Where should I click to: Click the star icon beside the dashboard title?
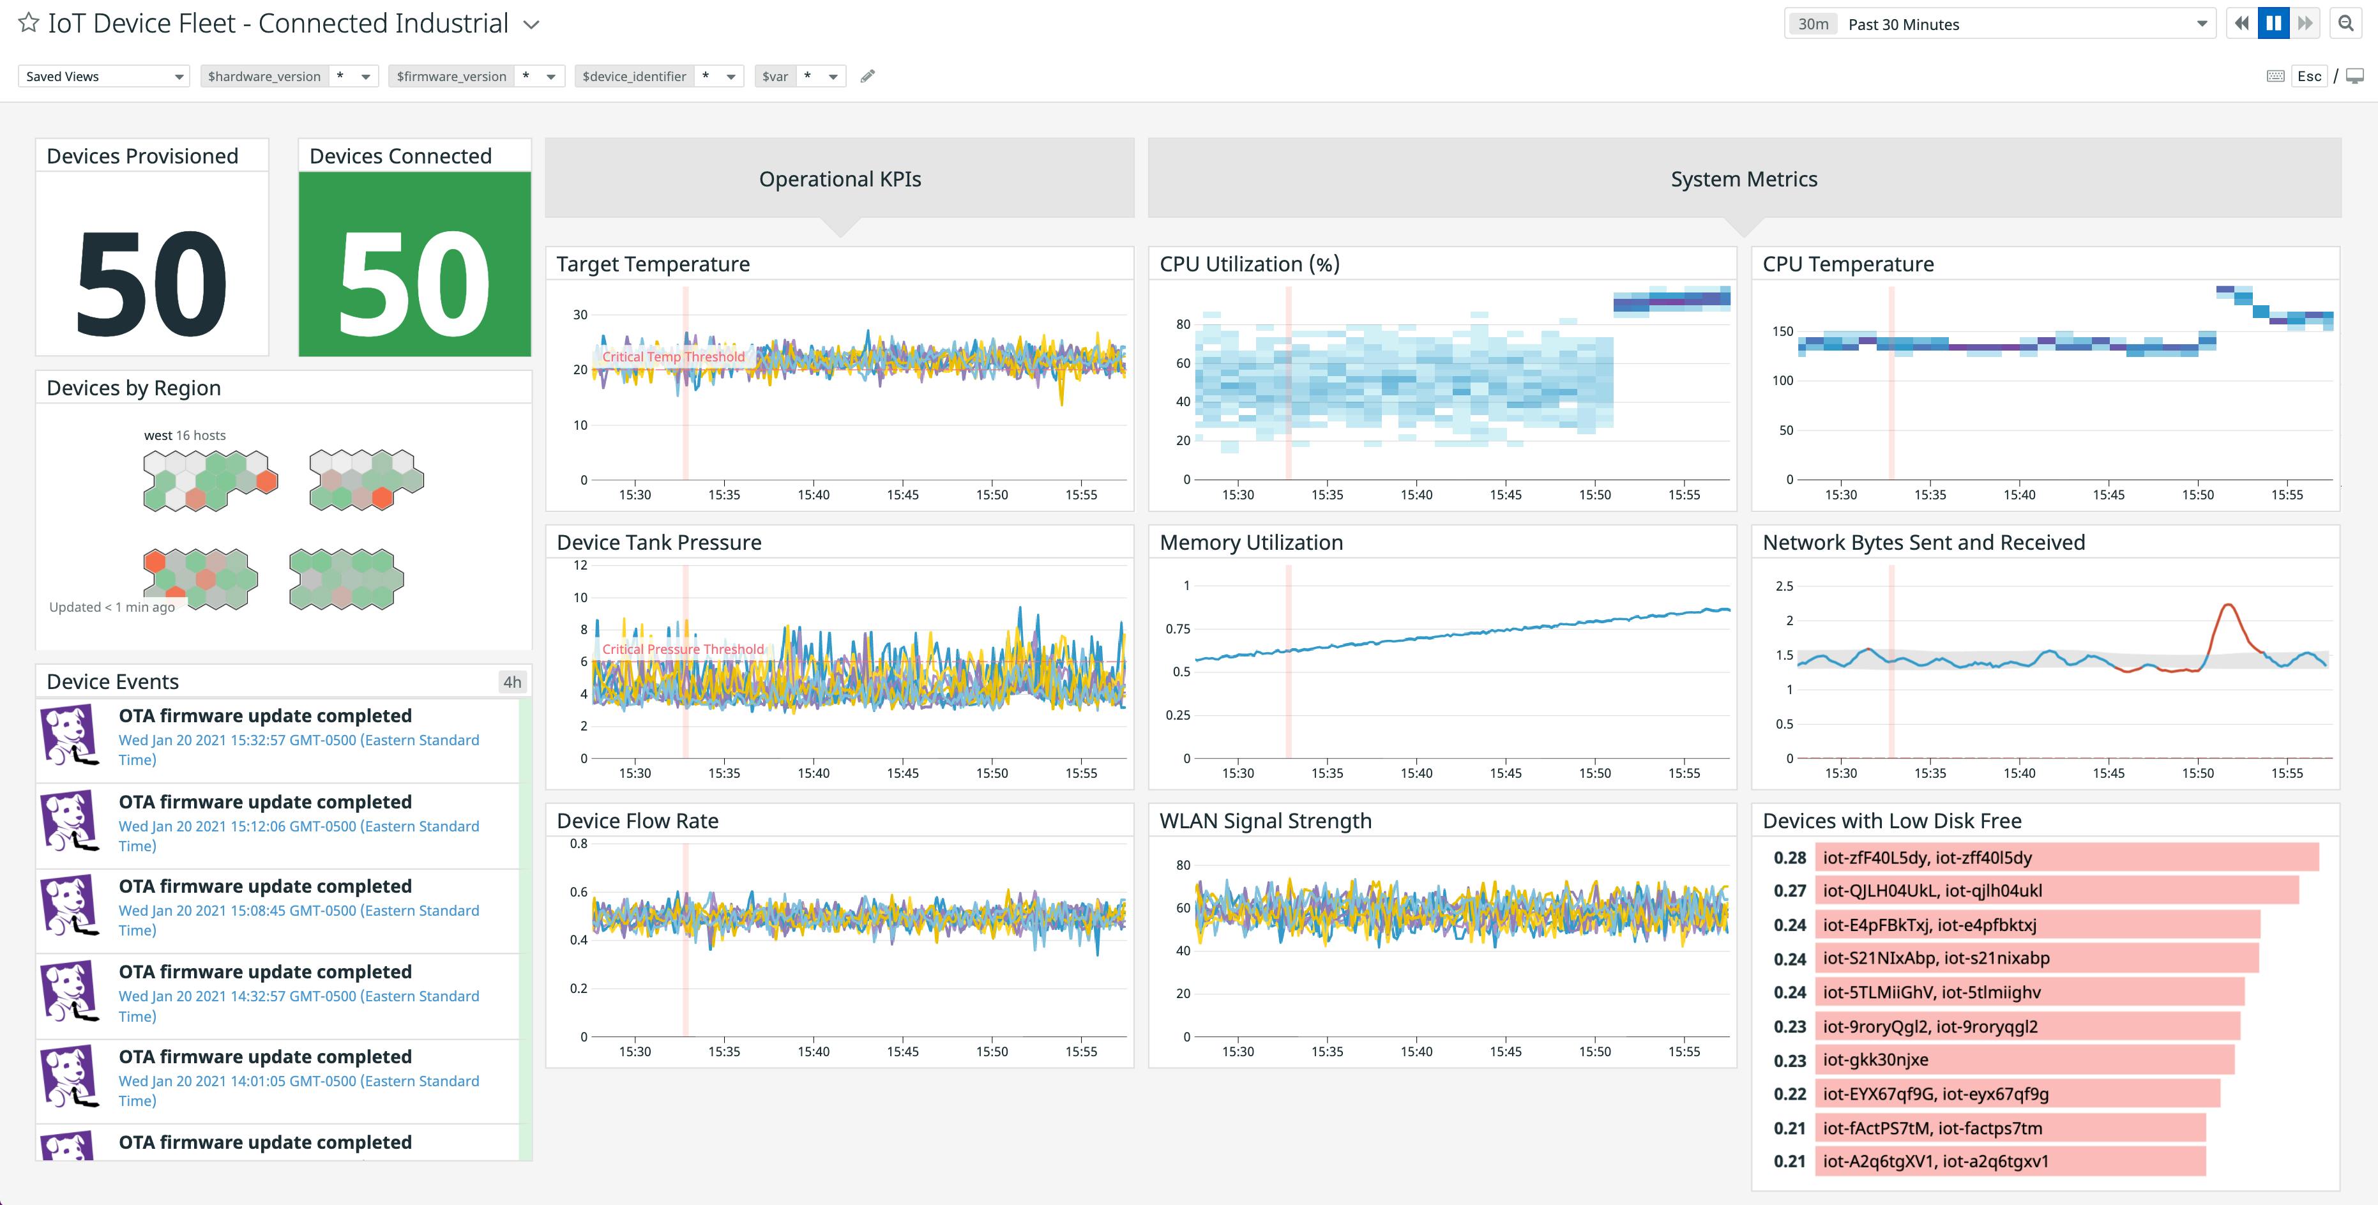(29, 23)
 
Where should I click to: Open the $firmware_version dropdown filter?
(476, 76)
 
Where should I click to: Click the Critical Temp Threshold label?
(673, 356)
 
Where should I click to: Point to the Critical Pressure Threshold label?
(683, 649)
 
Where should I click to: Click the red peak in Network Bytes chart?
(2229, 606)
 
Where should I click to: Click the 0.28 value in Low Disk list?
(1789, 858)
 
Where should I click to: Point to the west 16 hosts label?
(185, 435)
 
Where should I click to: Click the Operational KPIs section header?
(839, 179)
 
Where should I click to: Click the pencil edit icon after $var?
(867, 76)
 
